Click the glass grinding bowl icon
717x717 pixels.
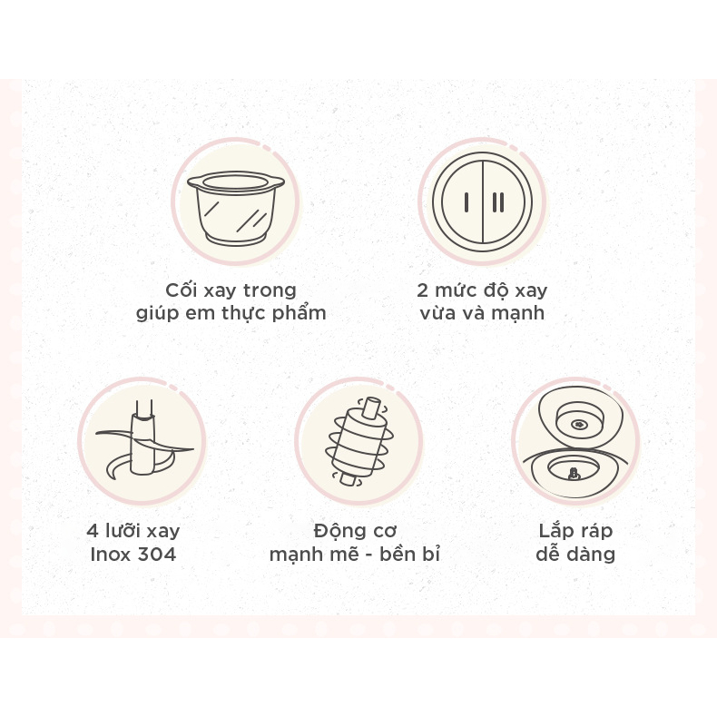[x=236, y=208]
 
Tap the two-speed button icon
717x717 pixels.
[x=483, y=202]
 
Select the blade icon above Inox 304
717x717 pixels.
[x=144, y=439]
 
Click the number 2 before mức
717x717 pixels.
[x=422, y=290]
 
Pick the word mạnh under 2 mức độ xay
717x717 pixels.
[x=517, y=314]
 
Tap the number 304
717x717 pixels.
[x=157, y=555]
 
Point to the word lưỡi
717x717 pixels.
[x=123, y=530]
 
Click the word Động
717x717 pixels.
[x=336, y=531]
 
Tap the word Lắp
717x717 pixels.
[x=555, y=530]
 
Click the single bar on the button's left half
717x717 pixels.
[x=467, y=202]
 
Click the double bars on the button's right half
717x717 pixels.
[x=498, y=202]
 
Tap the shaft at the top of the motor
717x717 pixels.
[x=371, y=408]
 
